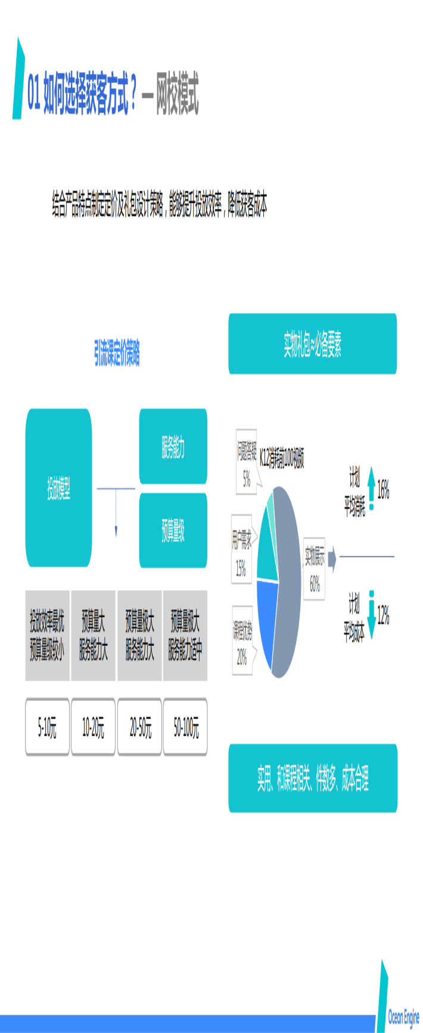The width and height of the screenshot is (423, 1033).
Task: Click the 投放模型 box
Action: [x=58, y=488]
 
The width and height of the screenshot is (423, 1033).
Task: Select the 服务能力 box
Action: [x=173, y=446]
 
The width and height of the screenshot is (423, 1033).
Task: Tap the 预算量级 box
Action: [x=173, y=530]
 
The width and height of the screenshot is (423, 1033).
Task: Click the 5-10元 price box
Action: [x=47, y=727]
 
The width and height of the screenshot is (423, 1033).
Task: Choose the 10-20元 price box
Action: [x=93, y=727]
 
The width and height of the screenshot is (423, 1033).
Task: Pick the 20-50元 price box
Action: [x=140, y=727]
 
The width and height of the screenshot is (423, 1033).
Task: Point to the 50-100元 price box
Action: [x=186, y=727]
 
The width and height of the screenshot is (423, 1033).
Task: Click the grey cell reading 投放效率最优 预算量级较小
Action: [x=47, y=635]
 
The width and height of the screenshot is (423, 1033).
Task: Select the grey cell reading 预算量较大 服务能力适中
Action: [x=185, y=635]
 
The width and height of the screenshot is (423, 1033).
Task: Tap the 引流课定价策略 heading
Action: [x=117, y=353]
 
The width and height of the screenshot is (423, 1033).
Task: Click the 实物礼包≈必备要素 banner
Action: [x=312, y=344]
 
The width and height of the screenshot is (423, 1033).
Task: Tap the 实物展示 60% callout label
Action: [x=315, y=569]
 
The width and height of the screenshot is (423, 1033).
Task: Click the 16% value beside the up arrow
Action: [x=383, y=490]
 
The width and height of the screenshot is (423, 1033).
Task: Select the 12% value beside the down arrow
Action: [x=383, y=615]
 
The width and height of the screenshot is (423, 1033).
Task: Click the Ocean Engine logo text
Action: [x=403, y=1016]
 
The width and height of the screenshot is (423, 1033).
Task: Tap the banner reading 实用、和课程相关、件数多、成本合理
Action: [x=312, y=778]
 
